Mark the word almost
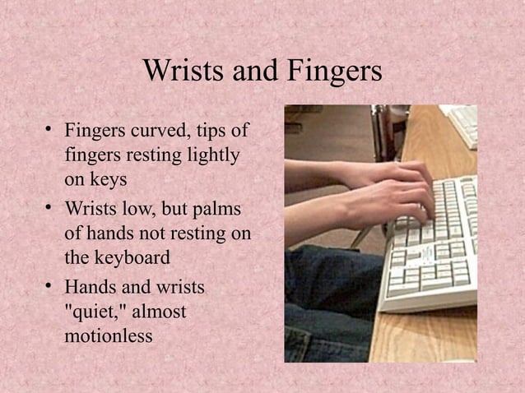point(160,312)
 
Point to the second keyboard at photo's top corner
point(465,123)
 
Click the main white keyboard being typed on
point(436,247)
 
